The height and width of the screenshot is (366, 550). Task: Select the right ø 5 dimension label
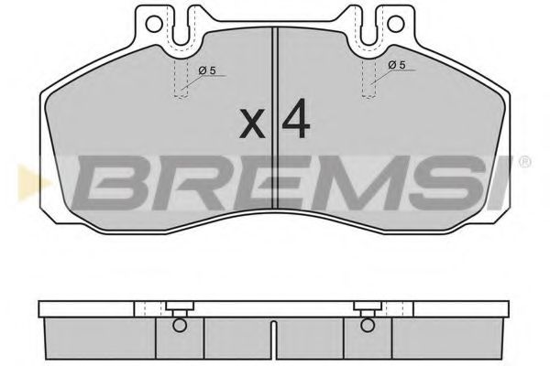[396, 65]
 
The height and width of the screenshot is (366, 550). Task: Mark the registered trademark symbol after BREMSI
[523, 163]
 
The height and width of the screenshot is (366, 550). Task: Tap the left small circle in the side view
[180, 324]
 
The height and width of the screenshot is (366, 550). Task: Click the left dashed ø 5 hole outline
[180, 81]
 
